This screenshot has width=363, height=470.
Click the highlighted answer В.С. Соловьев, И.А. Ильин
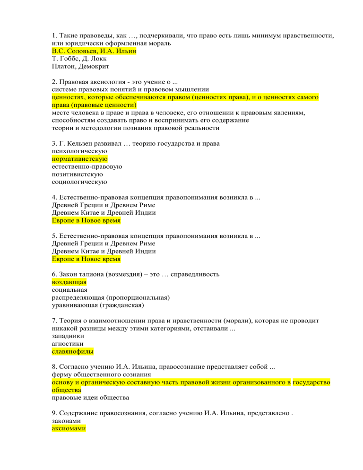[94, 51]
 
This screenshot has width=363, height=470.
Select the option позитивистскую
[78, 175]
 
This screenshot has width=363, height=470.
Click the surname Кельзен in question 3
[81, 143]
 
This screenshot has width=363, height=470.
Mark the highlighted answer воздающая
[69, 282]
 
